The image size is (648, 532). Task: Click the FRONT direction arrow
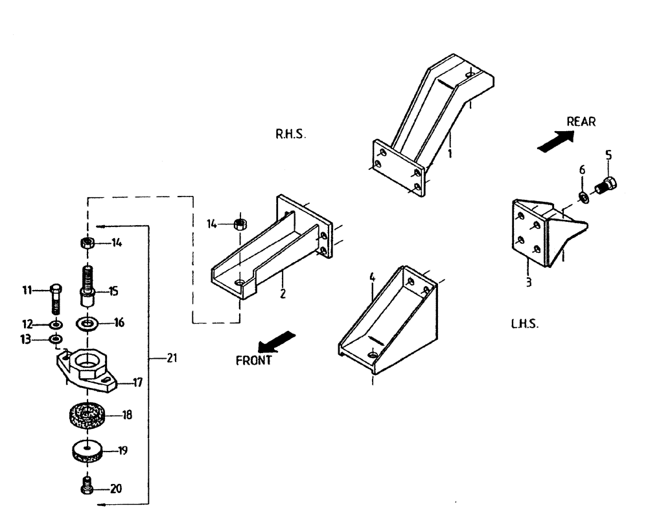[277, 341]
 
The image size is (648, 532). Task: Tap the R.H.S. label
[290, 135]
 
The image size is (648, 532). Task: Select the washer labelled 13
[56, 339]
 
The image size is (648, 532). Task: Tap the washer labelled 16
[88, 322]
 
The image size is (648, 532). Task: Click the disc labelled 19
[87, 450]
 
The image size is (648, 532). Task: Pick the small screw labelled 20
[87, 487]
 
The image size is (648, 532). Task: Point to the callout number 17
[137, 383]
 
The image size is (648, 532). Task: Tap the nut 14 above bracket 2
[238, 224]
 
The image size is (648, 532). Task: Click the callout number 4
[373, 277]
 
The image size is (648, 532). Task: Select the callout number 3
[529, 283]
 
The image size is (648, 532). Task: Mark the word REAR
[581, 121]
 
